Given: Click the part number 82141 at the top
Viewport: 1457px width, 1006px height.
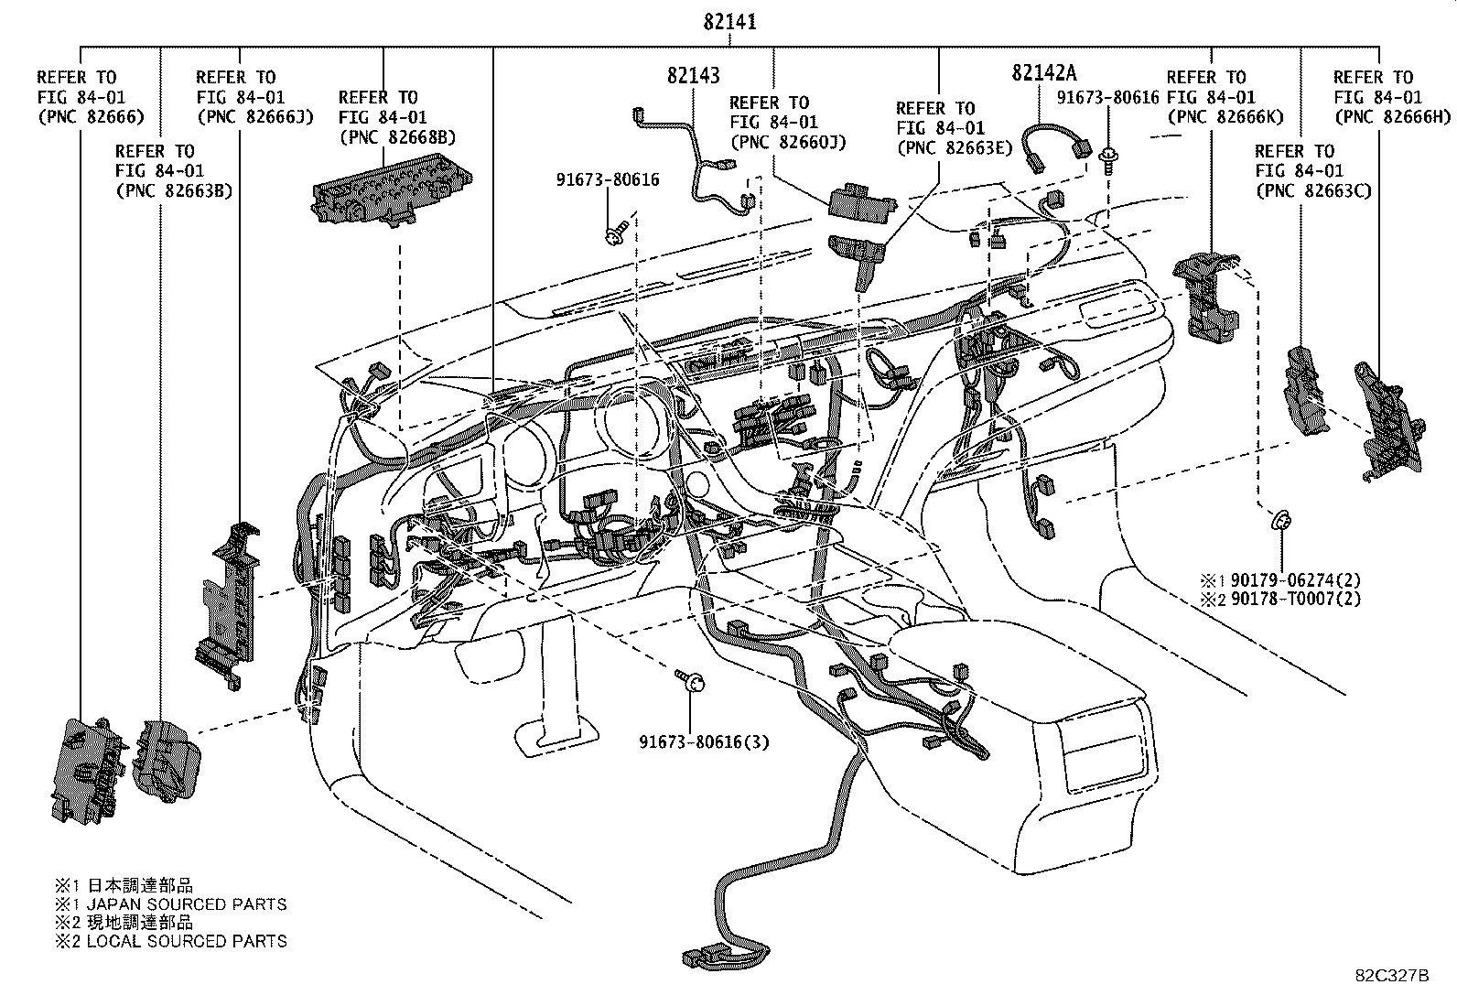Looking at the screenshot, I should coord(729,22).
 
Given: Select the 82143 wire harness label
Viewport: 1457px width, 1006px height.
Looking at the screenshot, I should coord(693,76).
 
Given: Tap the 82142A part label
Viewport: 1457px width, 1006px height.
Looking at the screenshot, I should coord(1044,73).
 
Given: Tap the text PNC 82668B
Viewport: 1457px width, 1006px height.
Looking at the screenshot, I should coord(397,137).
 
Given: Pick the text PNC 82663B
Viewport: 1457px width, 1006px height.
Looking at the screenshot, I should coord(174,190).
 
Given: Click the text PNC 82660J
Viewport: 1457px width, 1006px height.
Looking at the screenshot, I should coord(788,143).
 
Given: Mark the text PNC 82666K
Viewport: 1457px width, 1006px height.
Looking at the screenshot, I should coord(1225,117).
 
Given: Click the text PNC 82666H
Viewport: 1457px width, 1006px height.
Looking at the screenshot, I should coord(1392,117).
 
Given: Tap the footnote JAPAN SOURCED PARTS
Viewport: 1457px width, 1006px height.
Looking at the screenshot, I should coord(186,904).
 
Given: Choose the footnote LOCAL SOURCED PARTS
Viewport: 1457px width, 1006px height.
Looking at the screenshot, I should coord(186,941).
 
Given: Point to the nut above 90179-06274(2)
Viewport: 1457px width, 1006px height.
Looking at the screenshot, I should coord(1280,522).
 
